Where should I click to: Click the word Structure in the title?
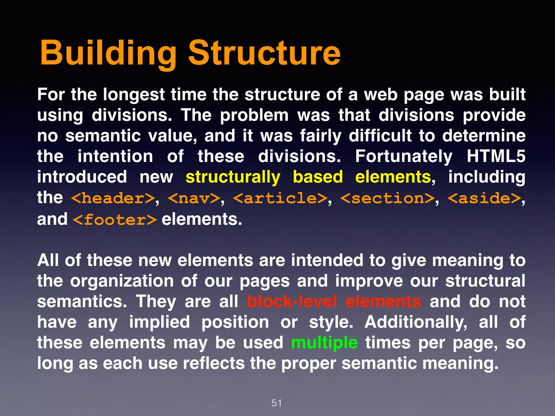264,53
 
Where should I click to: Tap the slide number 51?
276,403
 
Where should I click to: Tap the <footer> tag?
115,219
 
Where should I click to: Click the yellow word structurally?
233,177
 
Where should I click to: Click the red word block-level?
292,301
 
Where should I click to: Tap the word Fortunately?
404,157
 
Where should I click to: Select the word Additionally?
416,322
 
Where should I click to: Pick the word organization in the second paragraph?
122,281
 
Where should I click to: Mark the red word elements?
383,301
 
